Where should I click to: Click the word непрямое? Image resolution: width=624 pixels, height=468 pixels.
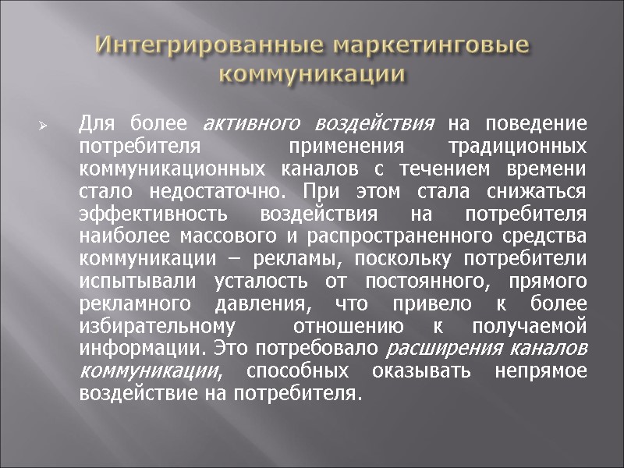(541, 371)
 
